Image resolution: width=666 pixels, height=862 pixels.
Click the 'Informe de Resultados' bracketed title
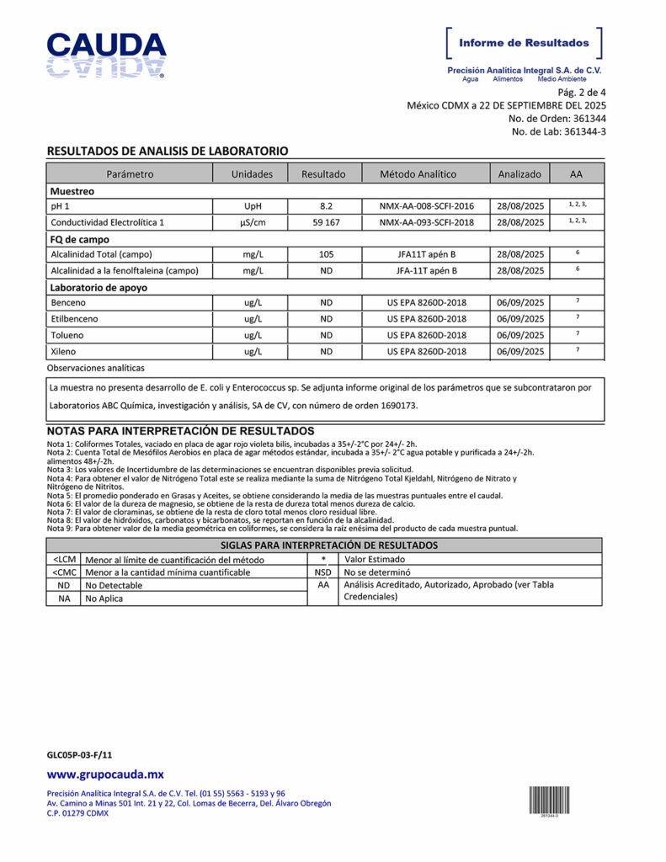pyautogui.click(x=524, y=43)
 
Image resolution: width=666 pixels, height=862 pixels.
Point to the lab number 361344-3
pyautogui.click(x=584, y=131)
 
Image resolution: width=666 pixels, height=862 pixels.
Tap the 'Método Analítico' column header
pyautogui.click(x=418, y=174)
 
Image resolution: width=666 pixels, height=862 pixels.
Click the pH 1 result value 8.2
pyautogui.click(x=326, y=206)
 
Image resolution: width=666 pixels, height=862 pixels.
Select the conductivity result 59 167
pyautogui.click(x=326, y=222)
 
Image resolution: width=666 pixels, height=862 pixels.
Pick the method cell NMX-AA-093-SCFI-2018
pyautogui.click(x=426, y=222)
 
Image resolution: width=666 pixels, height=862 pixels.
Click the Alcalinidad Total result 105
pyautogui.click(x=326, y=254)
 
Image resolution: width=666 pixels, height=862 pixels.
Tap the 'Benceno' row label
pyautogui.click(x=68, y=303)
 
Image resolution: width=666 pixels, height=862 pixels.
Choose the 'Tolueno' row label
pyautogui.click(x=67, y=335)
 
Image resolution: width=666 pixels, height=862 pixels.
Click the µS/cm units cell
pyautogui.click(x=252, y=222)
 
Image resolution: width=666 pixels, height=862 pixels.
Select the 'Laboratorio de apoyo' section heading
pyautogui.click(x=99, y=287)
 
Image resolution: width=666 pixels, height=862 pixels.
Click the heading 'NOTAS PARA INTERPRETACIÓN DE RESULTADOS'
pyautogui.click(x=181, y=431)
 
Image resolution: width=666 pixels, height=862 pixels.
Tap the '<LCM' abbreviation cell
pyautogui.click(x=64, y=559)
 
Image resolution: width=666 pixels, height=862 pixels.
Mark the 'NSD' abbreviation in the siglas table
pyautogui.click(x=322, y=572)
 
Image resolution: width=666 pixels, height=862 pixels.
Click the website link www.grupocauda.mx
pyautogui.click(x=105, y=774)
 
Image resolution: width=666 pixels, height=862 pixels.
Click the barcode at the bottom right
pyautogui.click(x=549, y=799)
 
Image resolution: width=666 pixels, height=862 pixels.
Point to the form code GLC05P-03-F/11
pyautogui.click(x=79, y=755)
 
